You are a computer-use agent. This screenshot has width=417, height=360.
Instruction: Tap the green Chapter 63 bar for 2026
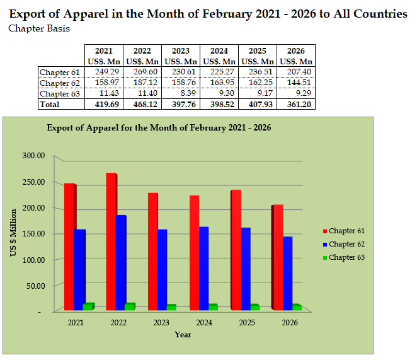(295, 306)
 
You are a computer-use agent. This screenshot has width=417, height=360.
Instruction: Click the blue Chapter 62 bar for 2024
(203, 268)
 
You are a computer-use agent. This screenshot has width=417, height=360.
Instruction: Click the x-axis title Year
(183, 334)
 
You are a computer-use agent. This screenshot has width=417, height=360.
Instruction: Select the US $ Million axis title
(13, 233)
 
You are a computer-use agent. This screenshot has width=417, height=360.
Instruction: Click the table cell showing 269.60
(142, 73)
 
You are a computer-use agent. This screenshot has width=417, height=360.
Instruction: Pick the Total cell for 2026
(295, 104)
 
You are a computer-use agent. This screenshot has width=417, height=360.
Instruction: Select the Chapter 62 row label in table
(60, 83)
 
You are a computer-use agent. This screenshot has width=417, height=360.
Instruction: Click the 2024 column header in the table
(219, 50)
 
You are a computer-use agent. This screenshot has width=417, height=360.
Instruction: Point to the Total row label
(50, 104)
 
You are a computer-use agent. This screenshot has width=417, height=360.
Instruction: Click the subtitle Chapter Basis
(39, 28)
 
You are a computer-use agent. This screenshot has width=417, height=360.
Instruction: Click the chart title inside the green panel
(159, 127)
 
